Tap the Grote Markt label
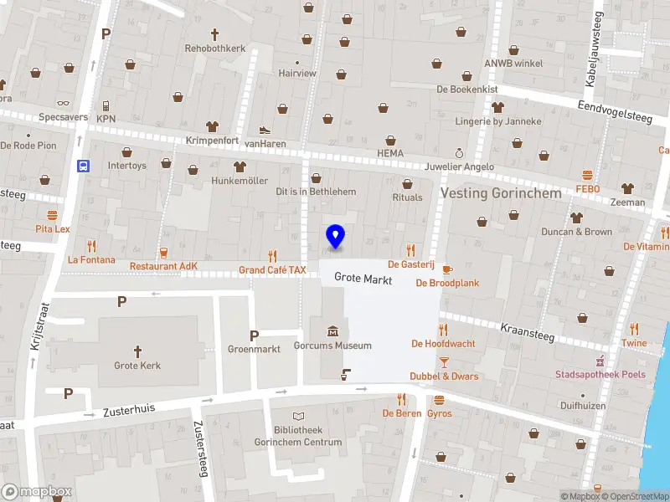pos(363,279)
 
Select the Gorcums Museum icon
pos(332,330)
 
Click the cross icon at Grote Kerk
pos(137,351)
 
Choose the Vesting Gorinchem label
pos(501,193)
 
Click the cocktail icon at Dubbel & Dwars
pos(445,361)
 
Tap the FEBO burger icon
pos(587,176)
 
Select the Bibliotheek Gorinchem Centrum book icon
pos(299,416)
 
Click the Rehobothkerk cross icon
pos(214,34)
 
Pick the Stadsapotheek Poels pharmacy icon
pos(600,361)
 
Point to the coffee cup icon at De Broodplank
pos(446,269)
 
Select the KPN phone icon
pos(106,105)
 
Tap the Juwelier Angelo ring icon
pos(459,153)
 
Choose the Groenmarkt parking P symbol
pos(254,336)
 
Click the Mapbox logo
pos(37,492)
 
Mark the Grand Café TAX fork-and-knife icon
pos(272,256)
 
